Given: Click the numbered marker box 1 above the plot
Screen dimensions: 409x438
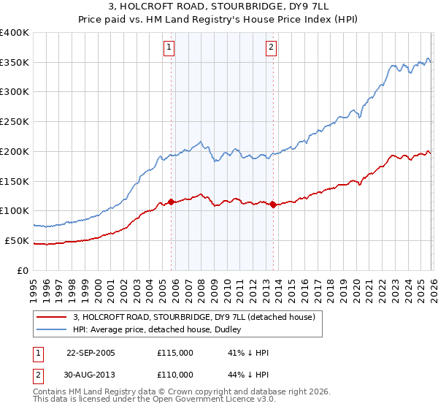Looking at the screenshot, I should coord(169,48).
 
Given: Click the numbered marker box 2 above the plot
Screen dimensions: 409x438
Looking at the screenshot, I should coord(271,48).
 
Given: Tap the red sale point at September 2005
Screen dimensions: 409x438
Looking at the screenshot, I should coord(172,202).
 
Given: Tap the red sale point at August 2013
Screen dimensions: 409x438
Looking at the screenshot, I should coord(273,204).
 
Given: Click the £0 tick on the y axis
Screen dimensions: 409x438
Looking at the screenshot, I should coord(23,270).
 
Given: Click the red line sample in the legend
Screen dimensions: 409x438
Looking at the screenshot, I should coord(51,317).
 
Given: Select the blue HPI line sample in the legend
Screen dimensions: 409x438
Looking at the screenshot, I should coord(51,329).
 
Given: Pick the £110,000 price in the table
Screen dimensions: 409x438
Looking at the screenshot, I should coord(175,375).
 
